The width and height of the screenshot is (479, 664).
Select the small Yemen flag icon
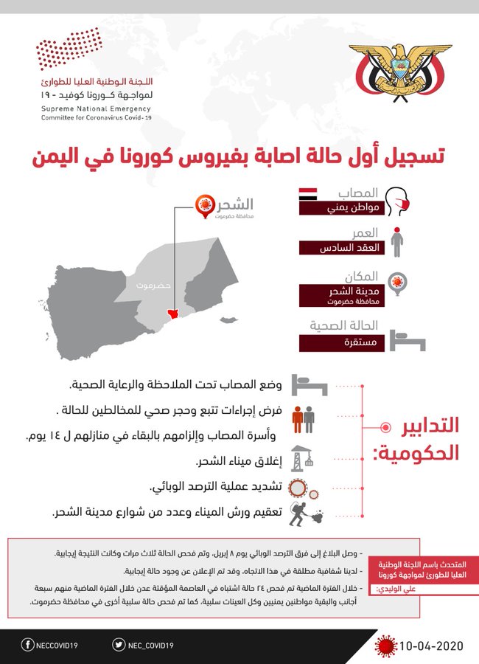[x=307, y=195]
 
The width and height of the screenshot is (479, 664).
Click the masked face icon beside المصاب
[x=398, y=201]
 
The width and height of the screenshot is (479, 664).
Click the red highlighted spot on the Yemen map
[x=174, y=314]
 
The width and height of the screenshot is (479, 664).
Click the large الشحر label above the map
[x=236, y=204]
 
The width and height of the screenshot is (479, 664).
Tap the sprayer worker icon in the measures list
[x=302, y=512]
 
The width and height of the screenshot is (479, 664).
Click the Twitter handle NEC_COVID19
[x=151, y=646]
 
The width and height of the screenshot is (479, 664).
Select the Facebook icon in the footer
[x=27, y=646]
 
